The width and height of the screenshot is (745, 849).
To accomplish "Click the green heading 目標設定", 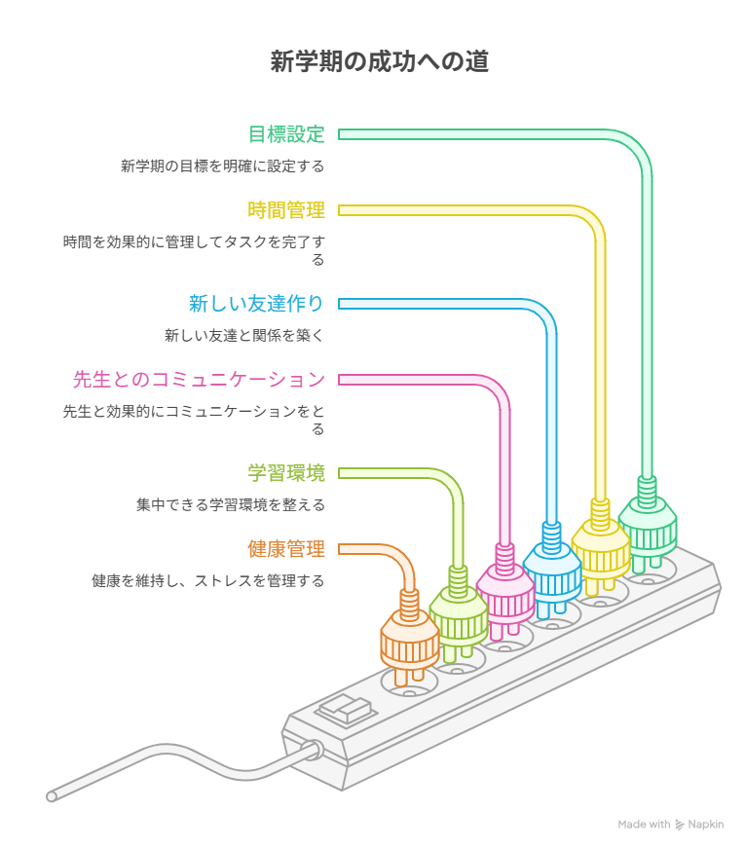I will (285, 134).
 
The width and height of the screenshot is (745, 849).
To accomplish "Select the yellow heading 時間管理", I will (285, 209).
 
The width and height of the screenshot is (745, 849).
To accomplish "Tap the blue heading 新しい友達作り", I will (256, 304).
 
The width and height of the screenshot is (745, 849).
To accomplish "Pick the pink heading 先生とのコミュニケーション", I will (199, 379).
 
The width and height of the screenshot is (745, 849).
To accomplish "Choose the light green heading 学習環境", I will (285, 473).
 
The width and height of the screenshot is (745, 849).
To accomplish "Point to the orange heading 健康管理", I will (285, 548).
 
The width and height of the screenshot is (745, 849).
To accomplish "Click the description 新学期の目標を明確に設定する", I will (222, 166).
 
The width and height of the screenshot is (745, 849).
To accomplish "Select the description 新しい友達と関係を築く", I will (243, 336).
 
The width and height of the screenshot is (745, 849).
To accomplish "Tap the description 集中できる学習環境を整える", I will (231, 505).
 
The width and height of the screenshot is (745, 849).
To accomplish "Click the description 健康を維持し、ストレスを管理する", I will (208, 580).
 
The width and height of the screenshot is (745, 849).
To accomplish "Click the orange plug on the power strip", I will (408, 638).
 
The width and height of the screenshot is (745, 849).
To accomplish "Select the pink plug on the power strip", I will (504, 591).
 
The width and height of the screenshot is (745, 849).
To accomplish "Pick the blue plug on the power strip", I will (552, 569).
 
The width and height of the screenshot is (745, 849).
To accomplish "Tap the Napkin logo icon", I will (680, 825).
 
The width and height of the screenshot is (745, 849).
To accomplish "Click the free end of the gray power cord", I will (53, 795).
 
